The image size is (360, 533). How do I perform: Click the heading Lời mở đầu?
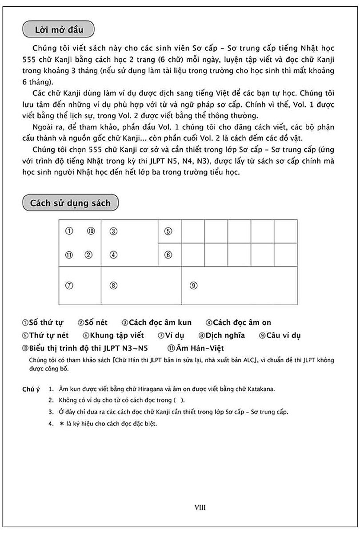click(x=58, y=31)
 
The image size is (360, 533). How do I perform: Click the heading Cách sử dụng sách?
click(x=70, y=203)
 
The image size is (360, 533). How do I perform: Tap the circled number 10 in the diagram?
click(x=91, y=231)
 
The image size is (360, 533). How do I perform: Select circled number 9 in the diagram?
click(x=193, y=286)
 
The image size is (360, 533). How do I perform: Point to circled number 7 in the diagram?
click(x=69, y=286)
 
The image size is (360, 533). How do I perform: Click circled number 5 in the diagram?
click(x=168, y=231)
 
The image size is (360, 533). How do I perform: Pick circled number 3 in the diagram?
click(x=114, y=231)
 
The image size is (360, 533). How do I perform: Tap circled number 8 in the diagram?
click(x=114, y=286)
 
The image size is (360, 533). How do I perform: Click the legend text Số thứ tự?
click(x=46, y=322)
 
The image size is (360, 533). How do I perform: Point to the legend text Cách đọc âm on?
click(x=241, y=322)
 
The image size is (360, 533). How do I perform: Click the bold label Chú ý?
click(x=31, y=390)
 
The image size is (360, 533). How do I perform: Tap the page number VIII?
click(x=200, y=507)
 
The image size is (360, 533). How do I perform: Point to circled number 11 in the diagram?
click(x=69, y=255)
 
